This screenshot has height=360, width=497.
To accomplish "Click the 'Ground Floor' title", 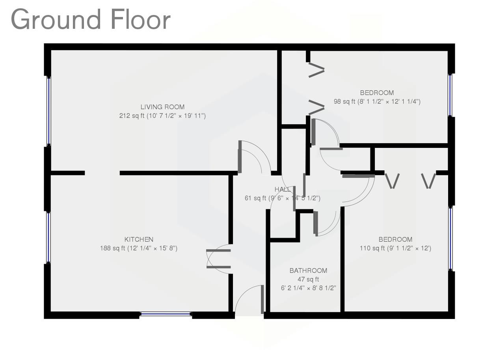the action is pos(91,20).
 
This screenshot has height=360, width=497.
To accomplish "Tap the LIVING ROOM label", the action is pos(162,107).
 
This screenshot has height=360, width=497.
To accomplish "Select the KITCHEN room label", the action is pos(139,239).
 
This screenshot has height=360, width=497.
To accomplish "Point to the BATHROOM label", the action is pos(308,270).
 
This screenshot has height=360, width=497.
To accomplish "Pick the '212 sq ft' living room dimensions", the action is pos(162,116).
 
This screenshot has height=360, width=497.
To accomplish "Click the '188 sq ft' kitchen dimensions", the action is pos(139,248).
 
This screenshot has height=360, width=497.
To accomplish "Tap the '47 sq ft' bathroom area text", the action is pos(308,280).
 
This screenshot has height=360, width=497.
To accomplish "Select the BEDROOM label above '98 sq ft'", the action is pos(377,93).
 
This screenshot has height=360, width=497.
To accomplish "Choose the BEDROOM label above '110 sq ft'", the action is pos(395,239).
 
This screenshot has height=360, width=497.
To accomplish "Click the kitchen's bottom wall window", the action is pos(166,314).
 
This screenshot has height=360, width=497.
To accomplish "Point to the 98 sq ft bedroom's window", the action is pos(450,95).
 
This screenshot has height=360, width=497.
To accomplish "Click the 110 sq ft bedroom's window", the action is pos(450,238).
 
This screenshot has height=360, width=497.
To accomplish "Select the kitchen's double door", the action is pos(218,259).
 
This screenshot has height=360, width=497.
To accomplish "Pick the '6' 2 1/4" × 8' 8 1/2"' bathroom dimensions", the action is pos(308,288).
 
